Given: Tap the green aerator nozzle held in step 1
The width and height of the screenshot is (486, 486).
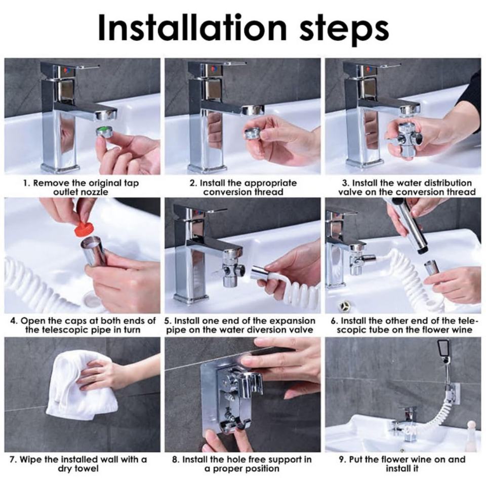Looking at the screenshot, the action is click(105, 131).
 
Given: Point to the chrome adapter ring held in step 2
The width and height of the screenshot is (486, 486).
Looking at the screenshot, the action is click(254, 133).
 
